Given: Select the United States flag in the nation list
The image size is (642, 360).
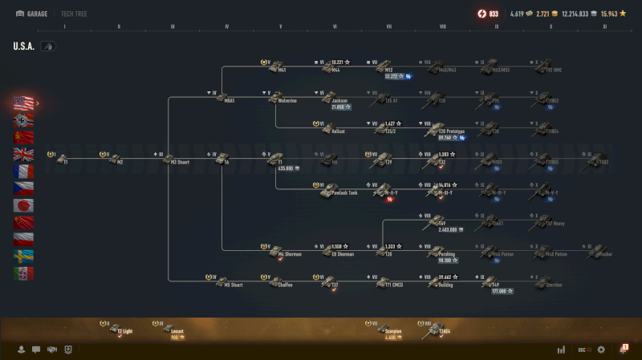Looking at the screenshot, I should [24, 103].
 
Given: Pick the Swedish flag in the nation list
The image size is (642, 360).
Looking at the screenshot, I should [24, 256].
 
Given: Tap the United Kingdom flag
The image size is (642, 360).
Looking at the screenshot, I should [24, 154].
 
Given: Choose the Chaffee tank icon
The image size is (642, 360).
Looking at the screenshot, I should [274, 280].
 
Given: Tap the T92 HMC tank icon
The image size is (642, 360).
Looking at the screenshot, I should [546, 65].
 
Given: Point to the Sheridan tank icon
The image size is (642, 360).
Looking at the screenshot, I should [546, 280].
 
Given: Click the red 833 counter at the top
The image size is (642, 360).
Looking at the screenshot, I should [489, 14].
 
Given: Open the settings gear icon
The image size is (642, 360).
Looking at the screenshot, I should [600, 350].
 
